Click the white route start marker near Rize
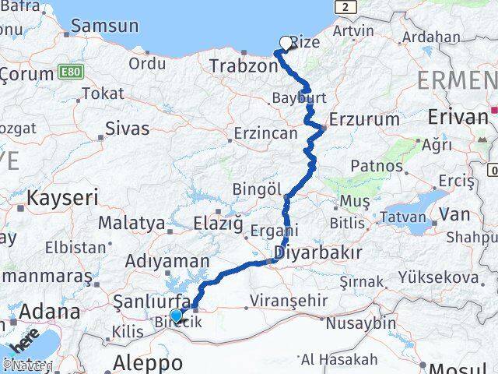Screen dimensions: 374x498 click(286, 44)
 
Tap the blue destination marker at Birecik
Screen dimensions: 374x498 click(177, 316)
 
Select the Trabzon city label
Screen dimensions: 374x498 click(244, 66)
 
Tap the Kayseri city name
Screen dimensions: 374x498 click(62, 198)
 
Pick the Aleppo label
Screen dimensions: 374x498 click(148, 362)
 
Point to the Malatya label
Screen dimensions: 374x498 click(132, 223)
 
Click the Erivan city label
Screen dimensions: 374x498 click(458, 117)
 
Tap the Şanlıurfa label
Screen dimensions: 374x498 click(146, 301)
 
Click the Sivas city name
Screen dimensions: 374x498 click(127, 129)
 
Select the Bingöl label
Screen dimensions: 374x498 click(257, 189)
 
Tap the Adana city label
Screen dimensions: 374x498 click(49, 312)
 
